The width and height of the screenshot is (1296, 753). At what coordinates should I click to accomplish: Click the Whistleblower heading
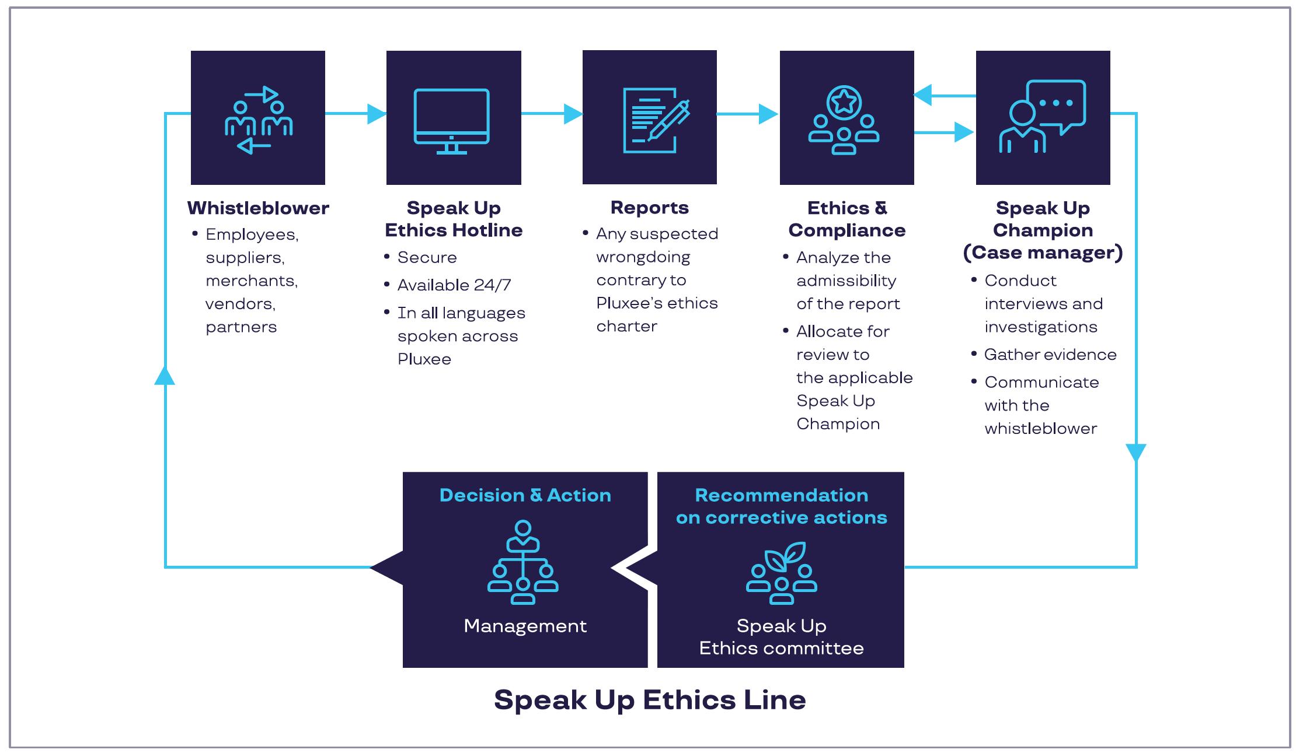(x=258, y=208)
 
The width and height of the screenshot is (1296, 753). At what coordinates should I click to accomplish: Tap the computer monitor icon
(x=451, y=120)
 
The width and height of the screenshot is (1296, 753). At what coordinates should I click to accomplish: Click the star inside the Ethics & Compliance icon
(x=844, y=101)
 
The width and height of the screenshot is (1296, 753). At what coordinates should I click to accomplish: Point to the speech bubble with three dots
(x=1056, y=104)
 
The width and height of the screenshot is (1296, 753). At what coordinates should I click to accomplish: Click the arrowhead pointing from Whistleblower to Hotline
(x=376, y=114)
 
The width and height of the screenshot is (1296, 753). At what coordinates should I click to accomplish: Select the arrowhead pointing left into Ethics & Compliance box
(x=923, y=95)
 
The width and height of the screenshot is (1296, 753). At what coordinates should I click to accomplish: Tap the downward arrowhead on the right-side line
(x=1136, y=452)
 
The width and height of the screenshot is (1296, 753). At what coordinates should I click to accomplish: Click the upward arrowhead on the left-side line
(x=165, y=376)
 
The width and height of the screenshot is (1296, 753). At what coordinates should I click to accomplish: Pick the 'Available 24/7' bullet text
(x=454, y=285)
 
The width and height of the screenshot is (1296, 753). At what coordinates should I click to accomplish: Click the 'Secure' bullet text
(x=427, y=258)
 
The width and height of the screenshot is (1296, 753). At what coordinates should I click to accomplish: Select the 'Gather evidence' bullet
(x=1050, y=355)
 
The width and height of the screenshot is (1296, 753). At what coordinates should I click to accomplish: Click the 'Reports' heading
(x=649, y=208)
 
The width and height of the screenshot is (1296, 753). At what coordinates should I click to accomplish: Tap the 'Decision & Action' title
(x=525, y=495)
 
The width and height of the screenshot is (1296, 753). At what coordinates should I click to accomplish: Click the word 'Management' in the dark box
(x=525, y=626)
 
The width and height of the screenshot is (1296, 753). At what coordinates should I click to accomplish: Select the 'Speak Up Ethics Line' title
(x=649, y=699)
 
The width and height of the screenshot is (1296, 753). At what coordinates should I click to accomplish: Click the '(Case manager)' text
(x=1043, y=253)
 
